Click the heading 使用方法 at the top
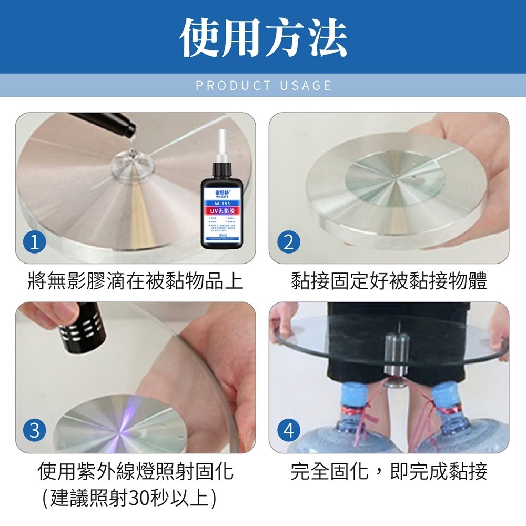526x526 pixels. pyautogui.click(x=263, y=38)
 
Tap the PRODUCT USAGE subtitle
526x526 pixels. pyautogui.click(x=263, y=86)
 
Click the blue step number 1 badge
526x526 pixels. pyautogui.click(x=34, y=242)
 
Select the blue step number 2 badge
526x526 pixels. pyautogui.click(x=288, y=242)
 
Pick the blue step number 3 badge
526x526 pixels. pyautogui.click(x=34, y=431)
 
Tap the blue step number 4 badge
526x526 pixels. pyautogui.click(x=288, y=431)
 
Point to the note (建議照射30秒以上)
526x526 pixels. pyautogui.click(x=129, y=497)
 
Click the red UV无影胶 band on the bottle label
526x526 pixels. pyautogui.click(x=220, y=210)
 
